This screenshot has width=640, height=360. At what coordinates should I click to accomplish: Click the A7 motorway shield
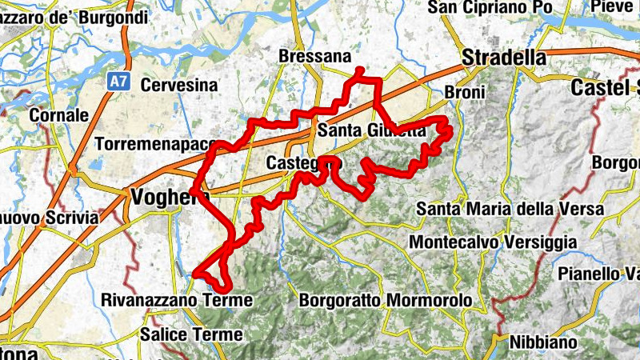coord(118,82)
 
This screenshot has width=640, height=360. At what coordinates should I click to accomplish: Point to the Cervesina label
coord(179,85)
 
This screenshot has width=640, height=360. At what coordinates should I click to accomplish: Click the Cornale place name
coord(58,115)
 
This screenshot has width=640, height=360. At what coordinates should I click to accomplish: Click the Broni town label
coord(464,92)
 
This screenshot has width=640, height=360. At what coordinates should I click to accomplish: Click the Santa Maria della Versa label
coord(510,209)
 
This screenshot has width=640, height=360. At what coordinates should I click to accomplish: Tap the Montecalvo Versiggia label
coord(492,241)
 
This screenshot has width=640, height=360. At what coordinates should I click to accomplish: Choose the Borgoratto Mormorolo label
coord(386,302)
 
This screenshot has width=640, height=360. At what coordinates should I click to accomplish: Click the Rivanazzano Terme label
coord(178,301)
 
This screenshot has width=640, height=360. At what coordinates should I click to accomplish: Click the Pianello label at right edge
coord(599,274)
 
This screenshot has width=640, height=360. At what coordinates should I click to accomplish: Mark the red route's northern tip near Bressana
coord(359,71)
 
